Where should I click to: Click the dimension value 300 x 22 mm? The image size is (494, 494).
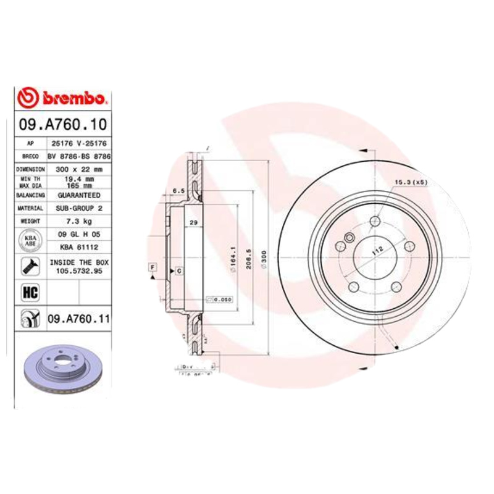point(78,169)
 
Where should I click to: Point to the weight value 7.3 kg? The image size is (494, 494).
point(78,220)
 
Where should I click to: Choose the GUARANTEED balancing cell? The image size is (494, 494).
point(78,195)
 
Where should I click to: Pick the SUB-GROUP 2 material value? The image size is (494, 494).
point(78,208)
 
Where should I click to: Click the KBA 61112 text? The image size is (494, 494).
point(78,246)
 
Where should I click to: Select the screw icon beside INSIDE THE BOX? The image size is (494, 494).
point(29,266)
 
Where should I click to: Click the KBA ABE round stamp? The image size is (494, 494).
point(29,240)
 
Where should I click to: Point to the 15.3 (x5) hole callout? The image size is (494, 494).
point(411,182)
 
